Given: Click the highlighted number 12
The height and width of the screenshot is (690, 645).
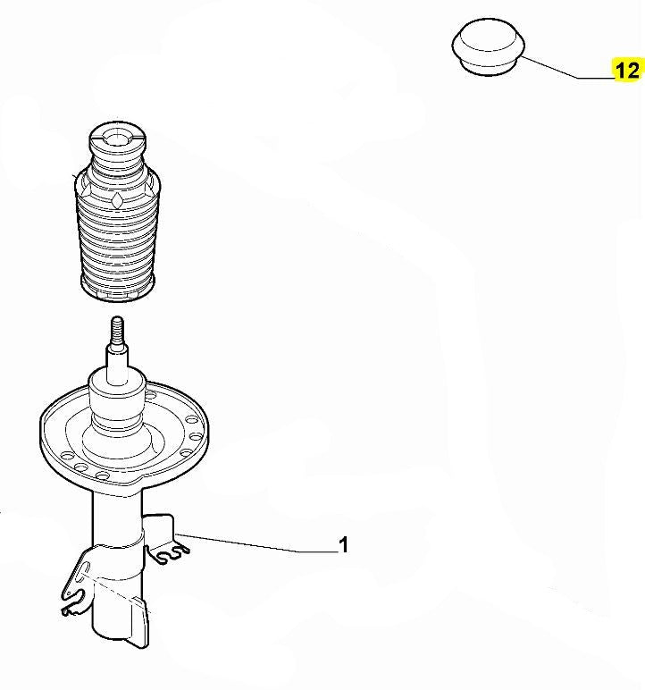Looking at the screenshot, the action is point(627,71).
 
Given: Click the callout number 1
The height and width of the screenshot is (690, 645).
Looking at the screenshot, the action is point(343,545).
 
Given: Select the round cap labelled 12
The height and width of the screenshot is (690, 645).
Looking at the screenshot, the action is point(488,46).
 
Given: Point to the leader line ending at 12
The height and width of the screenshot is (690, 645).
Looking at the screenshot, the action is point(567,68).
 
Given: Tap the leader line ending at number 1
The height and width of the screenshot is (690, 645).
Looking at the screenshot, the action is point(256,543).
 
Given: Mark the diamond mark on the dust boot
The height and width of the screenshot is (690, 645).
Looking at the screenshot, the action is point(117,200).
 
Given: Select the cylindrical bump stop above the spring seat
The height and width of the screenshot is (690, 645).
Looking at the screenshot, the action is point(117,402).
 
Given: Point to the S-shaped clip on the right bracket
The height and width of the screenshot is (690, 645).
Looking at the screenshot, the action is point(173,553).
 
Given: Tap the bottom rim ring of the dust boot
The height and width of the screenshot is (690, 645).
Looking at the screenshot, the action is point(117,290).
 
